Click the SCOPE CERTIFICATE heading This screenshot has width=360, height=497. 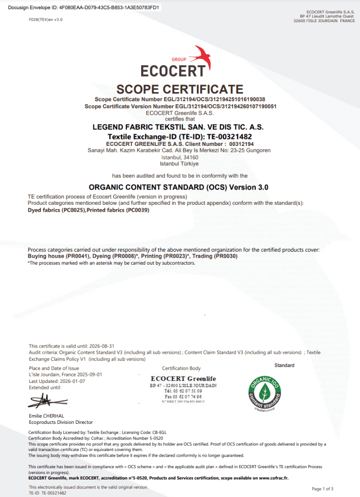[180, 89]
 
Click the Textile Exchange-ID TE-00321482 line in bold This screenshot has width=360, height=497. [180, 137]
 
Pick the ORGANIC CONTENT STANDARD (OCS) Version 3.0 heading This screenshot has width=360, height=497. [178, 187]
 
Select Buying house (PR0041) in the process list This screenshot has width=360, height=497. [58, 256]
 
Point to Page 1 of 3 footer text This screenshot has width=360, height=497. [322, 489]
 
